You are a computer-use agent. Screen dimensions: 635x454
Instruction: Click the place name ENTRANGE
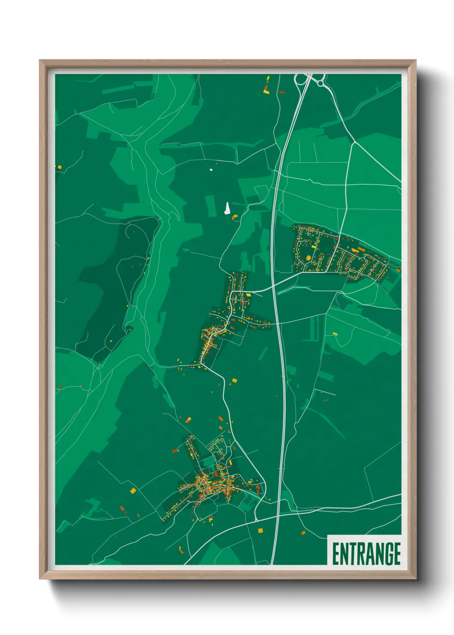pyautogui.click(x=366, y=553)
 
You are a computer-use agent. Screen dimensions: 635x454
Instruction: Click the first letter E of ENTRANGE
pyautogui.click(x=336, y=553)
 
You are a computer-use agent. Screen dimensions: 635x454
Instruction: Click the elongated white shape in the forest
pyautogui.click(x=227, y=209)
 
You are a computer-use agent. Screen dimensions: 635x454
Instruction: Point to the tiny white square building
pyautogui.click(x=211, y=170)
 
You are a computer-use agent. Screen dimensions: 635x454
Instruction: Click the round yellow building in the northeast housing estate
pyautogui.click(x=308, y=258)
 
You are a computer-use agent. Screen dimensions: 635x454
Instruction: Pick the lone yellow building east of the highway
pyautogui.click(x=335, y=333)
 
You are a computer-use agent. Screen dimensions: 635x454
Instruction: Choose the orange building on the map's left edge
pyautogui.click(x=60, y=167)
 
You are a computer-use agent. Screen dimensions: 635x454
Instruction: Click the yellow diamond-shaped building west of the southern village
pyautogui.click(x=133, y=490)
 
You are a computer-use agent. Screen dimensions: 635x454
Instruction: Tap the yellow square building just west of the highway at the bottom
pyautogui.click(x=260, y=530)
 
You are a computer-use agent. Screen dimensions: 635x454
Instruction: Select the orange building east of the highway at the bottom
pyautogui.click(x=303, y=533)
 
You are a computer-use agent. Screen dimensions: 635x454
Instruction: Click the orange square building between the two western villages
pyautogui.click(x=234, y=380)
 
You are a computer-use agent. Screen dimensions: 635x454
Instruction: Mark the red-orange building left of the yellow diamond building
pyautogui.click(x=122, y=508)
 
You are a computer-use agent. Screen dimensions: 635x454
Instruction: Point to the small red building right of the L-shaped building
pyautogui.click(x=281, y=92)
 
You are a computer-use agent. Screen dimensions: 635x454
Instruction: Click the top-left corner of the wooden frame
pyautogui.click(x=40, y=60)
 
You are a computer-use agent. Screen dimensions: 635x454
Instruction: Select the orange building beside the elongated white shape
pyautogui.click(x=234, y=218)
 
